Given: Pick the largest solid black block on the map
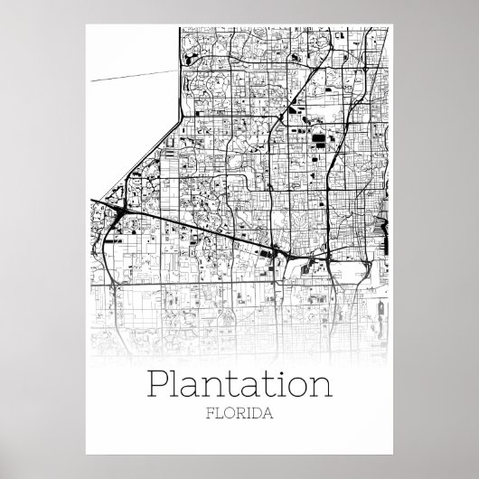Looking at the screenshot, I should [322, 140].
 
